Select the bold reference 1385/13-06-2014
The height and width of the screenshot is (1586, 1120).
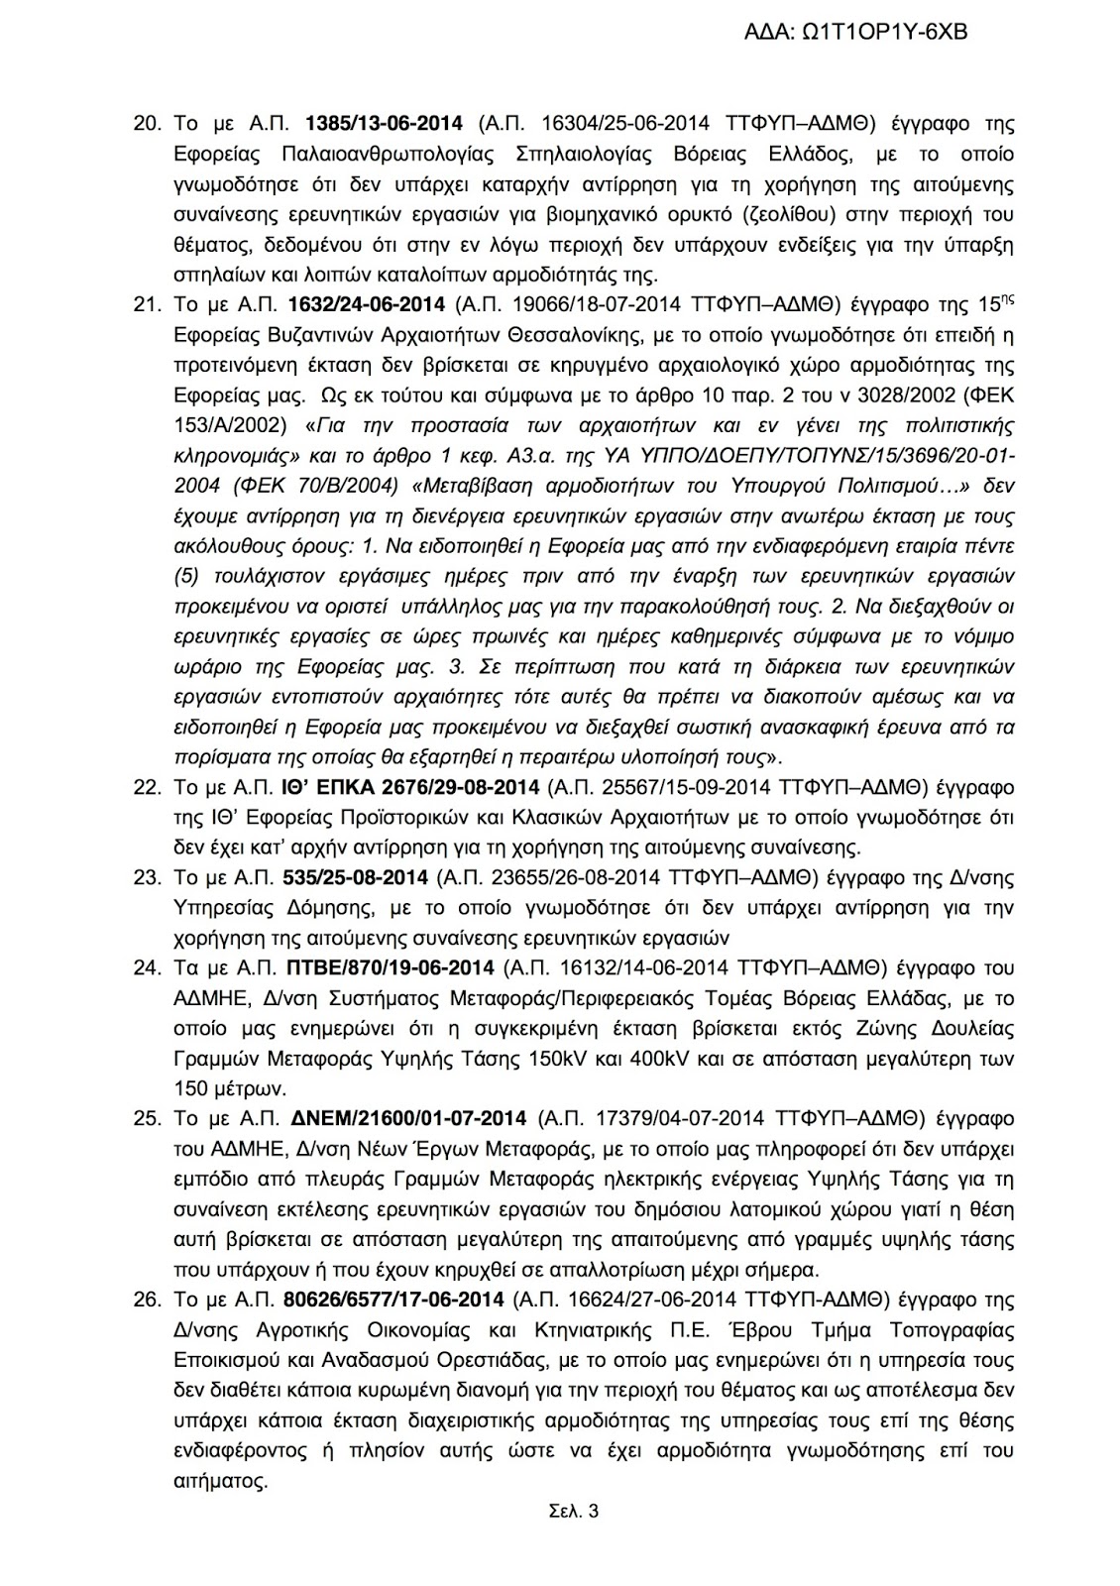point(386,124)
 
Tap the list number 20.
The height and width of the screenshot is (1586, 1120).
point(147,124)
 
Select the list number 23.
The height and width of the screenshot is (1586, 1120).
point(147,877)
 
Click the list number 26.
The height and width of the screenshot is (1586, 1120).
point(147,1299)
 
